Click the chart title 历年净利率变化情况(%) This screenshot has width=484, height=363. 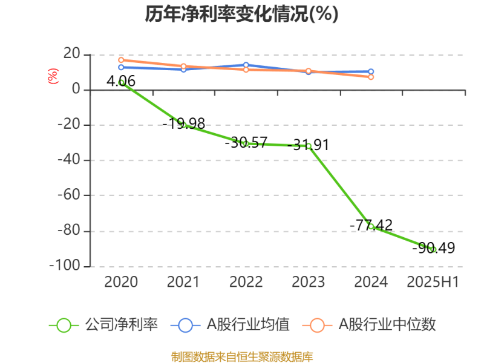(241, 13)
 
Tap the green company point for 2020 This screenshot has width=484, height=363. (121, 82)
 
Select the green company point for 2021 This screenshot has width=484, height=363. (183, 125)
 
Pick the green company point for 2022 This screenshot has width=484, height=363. (246, 143)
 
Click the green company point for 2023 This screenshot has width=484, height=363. (309, 146)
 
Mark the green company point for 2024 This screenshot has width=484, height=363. (371, 226)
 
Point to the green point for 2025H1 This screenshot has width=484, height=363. (433, 249)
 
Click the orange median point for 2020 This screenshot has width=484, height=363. (121, 60)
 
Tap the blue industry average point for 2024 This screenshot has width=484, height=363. (371, 71)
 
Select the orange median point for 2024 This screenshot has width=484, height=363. (371, 77)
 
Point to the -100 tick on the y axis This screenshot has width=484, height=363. (68, 266)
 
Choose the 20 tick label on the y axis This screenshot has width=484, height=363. (72, 54)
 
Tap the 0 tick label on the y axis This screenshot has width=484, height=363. (76, 90)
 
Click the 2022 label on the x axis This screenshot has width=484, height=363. (246, 282)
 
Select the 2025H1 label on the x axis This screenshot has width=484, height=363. (433, 282)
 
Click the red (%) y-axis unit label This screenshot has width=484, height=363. (53, 76)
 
